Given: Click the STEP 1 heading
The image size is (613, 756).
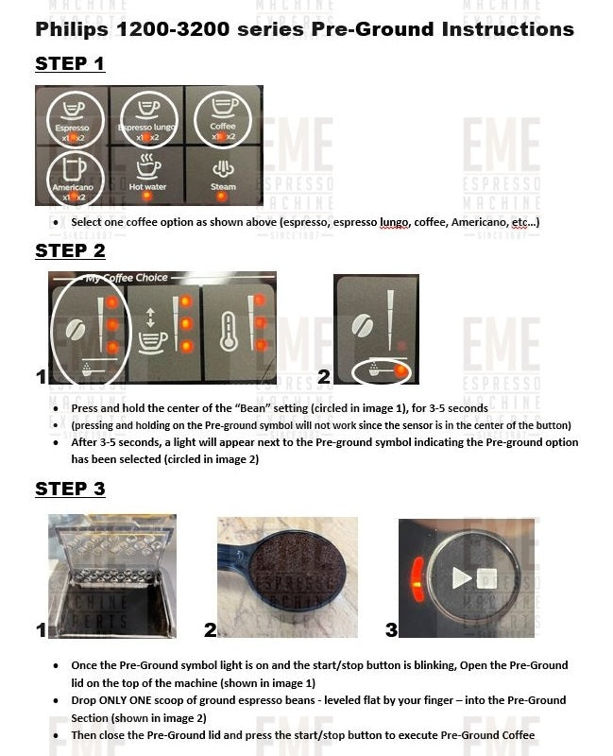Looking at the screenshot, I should [69, 64].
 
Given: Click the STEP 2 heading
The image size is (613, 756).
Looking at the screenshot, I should [70, 250].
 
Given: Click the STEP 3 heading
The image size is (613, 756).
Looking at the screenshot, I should [70, 489].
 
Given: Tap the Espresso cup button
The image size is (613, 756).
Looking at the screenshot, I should [72, 117].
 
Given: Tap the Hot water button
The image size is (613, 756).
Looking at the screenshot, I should [147, 175].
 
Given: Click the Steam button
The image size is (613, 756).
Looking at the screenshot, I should [224, 175].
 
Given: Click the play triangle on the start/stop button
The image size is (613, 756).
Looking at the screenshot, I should [460, 577].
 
